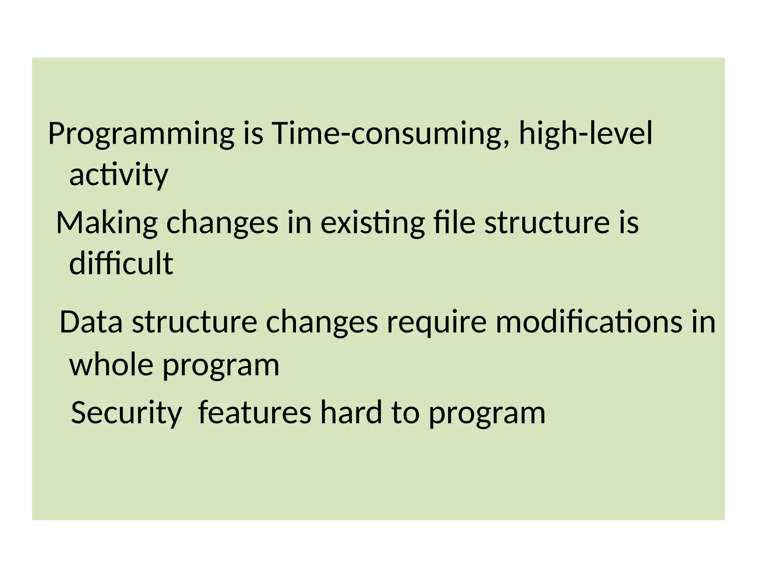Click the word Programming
[141, 134]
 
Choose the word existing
[372, 223]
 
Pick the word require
[437, 323]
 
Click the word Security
[126, 413]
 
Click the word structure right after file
[547, 223]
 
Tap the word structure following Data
[194, 322]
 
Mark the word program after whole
[221, 366]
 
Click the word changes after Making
[222, 223]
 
